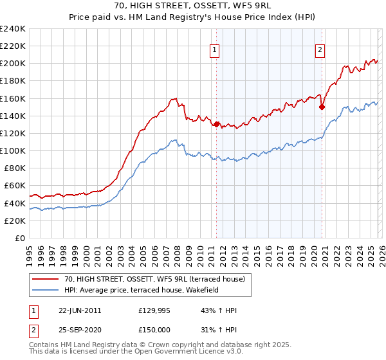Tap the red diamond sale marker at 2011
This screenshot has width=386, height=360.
click(217, 124)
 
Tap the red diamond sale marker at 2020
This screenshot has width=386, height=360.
click(322, 107)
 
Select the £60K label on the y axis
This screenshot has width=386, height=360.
click(15, 186)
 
